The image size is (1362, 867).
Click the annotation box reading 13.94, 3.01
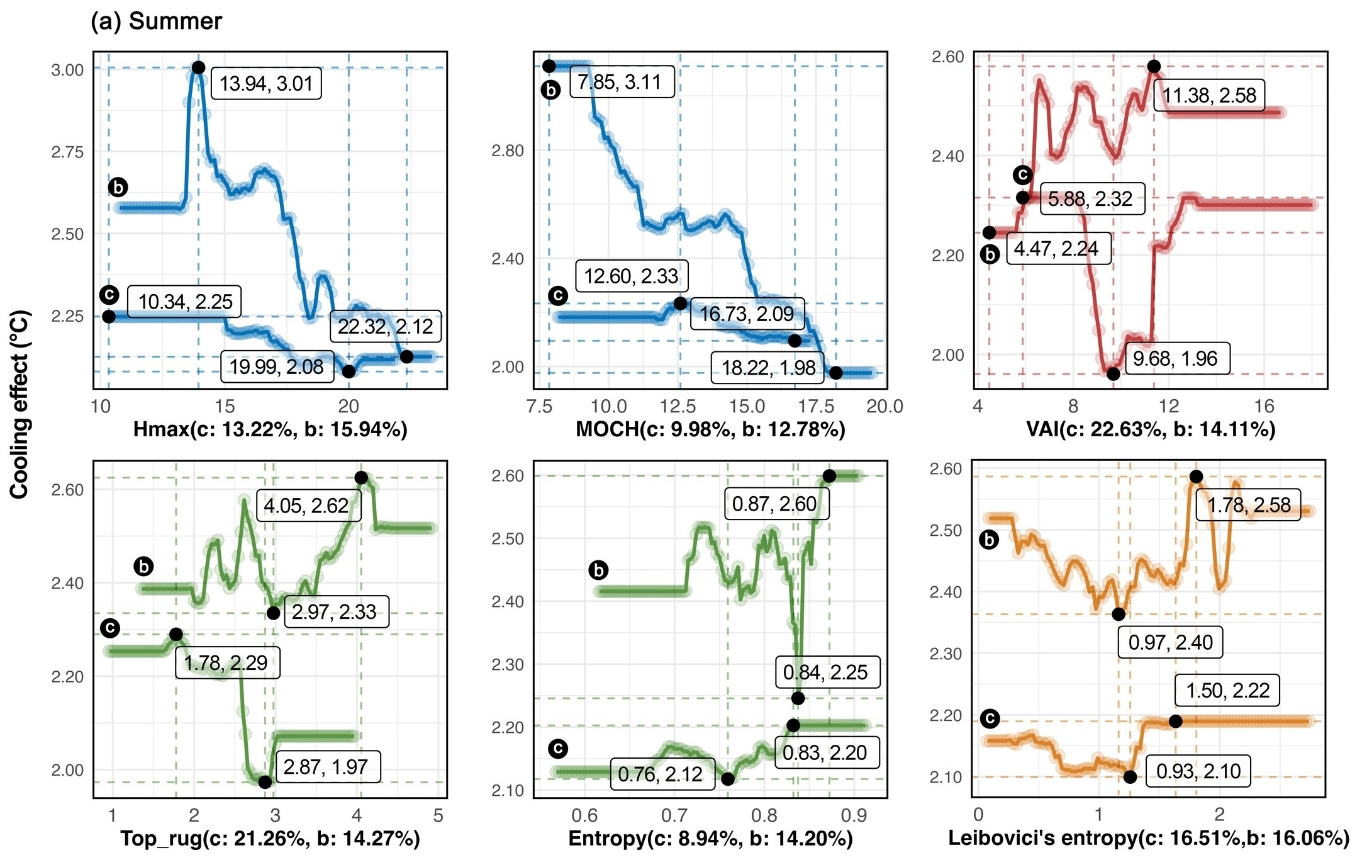click(x=266, y=84)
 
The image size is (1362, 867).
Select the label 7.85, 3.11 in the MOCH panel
click(x=622, y=82)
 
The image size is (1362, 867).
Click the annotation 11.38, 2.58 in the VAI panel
click(x=1208, y=96)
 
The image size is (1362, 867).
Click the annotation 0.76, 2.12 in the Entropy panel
click(x=662, y=774)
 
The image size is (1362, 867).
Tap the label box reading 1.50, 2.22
click(x=1227, y=690)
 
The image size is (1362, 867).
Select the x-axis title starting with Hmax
click(x=270, y=429)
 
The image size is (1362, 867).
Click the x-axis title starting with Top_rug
click(x=270, y=839)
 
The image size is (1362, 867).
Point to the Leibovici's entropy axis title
click(x=1148, y=839)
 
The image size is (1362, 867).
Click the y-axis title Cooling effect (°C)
click(x=20, y=404)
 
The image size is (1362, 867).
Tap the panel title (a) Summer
click(x=156, y=21)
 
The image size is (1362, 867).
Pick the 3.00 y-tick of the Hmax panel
click(x=67, y=69)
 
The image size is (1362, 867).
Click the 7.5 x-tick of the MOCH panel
click(x=540, y=407)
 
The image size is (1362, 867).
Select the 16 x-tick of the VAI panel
click(x=1264, y=407)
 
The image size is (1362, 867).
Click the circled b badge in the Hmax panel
click(x=118, y=187)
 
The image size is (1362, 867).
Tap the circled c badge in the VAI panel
click(x=1023, y=174)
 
